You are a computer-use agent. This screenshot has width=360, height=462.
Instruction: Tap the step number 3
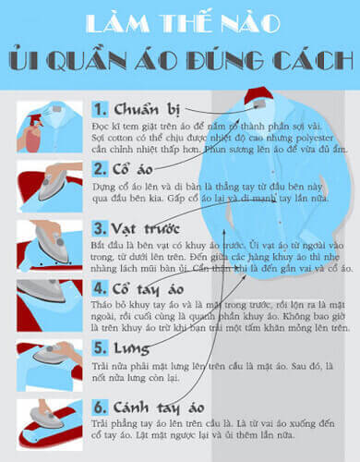[x=100, y=228]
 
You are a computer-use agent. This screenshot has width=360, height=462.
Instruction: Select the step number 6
[x=100, y=407]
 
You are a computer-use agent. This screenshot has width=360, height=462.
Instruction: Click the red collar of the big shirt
[x=258, y=95]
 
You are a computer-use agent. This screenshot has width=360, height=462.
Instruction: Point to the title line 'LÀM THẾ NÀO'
[x=179, y=22]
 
